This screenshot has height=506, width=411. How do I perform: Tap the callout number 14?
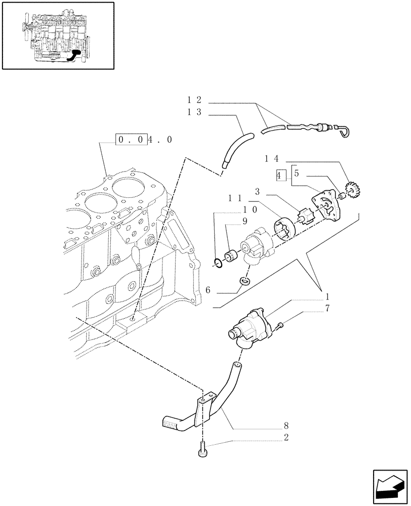(272, 158)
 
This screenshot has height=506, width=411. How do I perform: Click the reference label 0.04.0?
(144, 140)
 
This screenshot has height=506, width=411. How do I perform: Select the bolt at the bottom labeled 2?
(202, 448)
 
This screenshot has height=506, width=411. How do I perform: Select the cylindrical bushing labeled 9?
(233, 256)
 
